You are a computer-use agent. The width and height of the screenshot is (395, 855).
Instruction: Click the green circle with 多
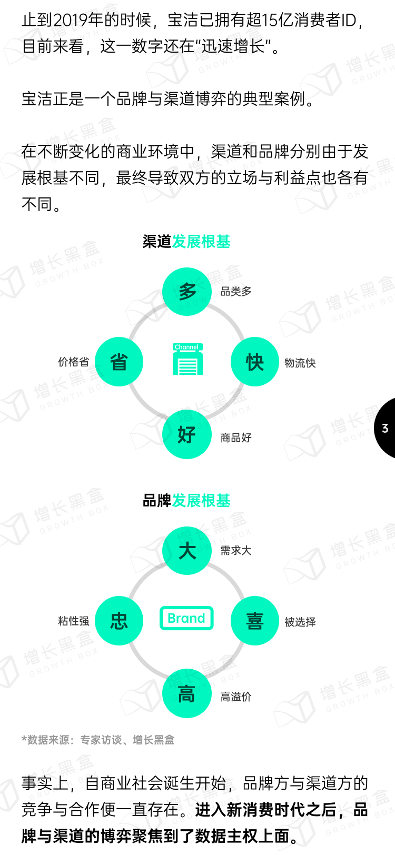186,291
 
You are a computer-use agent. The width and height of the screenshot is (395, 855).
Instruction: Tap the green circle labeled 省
119,362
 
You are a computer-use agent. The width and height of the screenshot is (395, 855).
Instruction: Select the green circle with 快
255,362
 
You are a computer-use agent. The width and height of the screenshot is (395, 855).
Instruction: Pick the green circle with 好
186,435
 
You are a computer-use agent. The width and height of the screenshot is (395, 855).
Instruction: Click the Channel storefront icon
187,360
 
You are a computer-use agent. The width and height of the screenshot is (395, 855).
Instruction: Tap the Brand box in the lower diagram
186,618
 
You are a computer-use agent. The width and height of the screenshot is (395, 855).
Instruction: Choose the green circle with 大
186,551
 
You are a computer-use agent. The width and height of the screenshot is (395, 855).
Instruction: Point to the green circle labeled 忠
119,621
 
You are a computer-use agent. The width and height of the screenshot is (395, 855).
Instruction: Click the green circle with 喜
255,621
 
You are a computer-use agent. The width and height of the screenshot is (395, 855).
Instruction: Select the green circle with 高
186,694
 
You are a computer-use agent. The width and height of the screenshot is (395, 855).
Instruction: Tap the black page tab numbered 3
386,428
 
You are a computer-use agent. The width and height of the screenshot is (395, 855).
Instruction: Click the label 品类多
236,291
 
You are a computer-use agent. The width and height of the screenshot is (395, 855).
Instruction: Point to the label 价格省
74,362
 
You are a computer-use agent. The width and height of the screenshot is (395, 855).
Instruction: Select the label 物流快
300,363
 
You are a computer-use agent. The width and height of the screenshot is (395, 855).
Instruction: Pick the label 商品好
236,438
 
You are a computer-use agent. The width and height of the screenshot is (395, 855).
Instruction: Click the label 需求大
236,551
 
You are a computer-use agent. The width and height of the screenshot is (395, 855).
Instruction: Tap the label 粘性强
74,621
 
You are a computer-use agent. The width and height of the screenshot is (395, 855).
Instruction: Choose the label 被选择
300,622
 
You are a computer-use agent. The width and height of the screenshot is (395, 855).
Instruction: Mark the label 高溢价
236,697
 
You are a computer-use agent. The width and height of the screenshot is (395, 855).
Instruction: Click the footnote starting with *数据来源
98,740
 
